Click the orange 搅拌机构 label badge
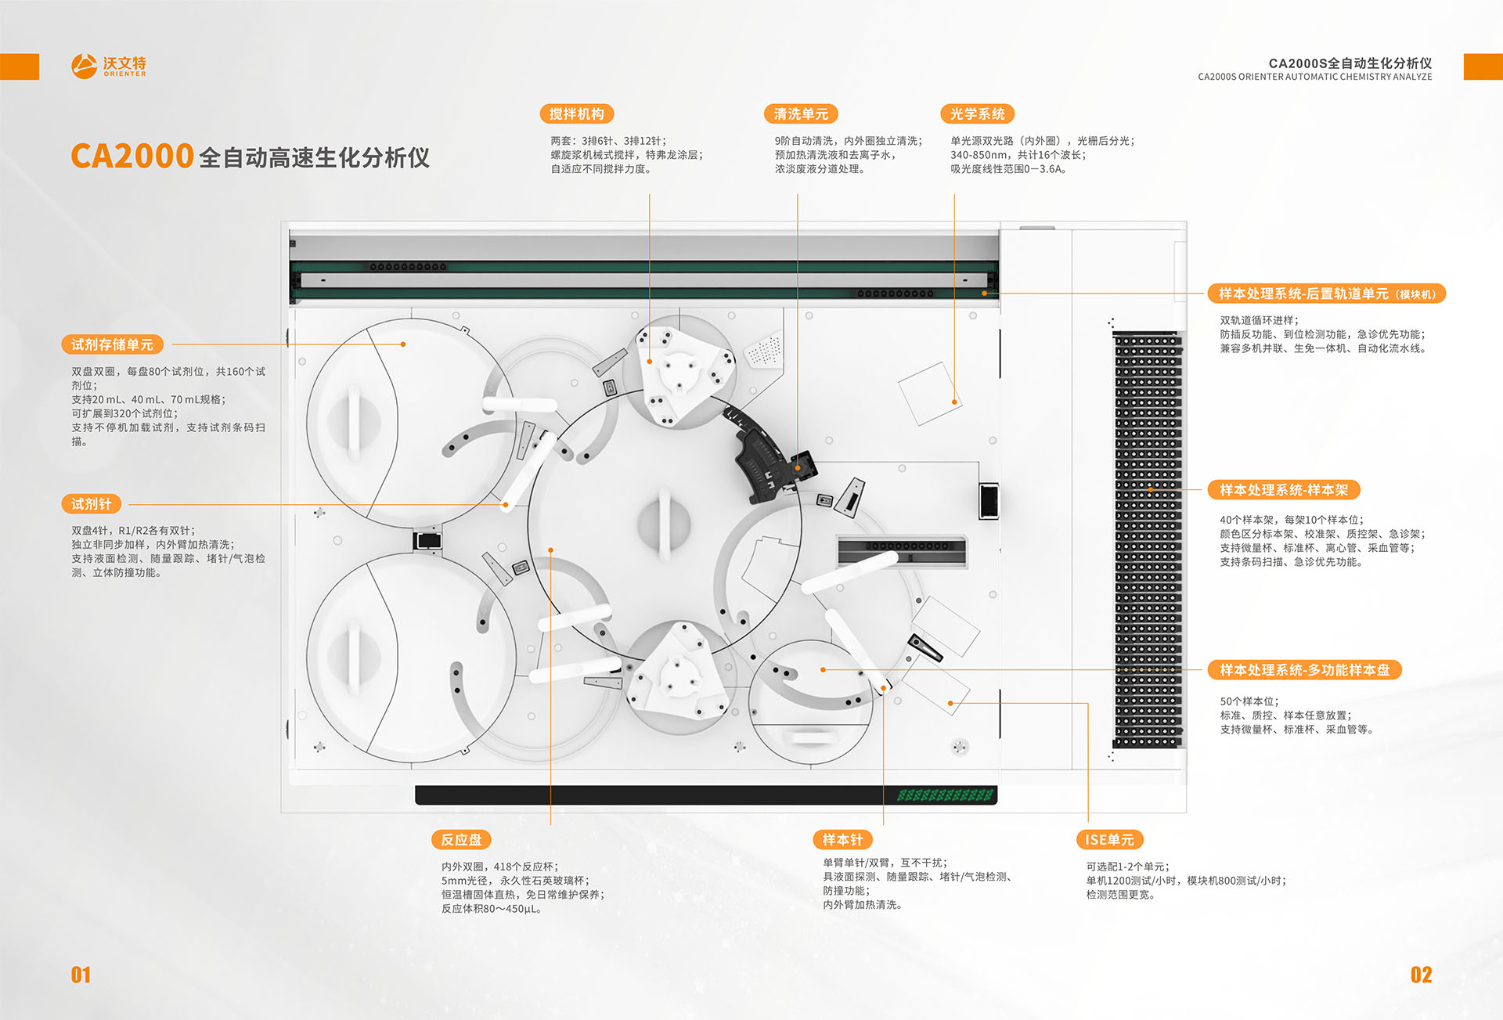point(577,114)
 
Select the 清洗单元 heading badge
point(801,114)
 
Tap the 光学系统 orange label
point(977,114)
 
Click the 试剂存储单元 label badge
point(112,344)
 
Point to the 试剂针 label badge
point(91,504)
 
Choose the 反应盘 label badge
point(461,840)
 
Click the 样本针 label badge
point(842,840)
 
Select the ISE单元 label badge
point(1109,840)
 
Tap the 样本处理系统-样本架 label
point(1284,490)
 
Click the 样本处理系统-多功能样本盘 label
point(1304,670)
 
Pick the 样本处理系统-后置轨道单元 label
point(1327,294)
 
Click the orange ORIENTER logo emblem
point(85,66)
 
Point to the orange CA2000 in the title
point(132,156)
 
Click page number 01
point(81,975)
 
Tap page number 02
point(1421,975)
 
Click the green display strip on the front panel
point(945,795)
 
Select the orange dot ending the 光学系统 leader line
point(954,402)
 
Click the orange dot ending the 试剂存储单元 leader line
point(403,344)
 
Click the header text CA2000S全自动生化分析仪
point(1350,63)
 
